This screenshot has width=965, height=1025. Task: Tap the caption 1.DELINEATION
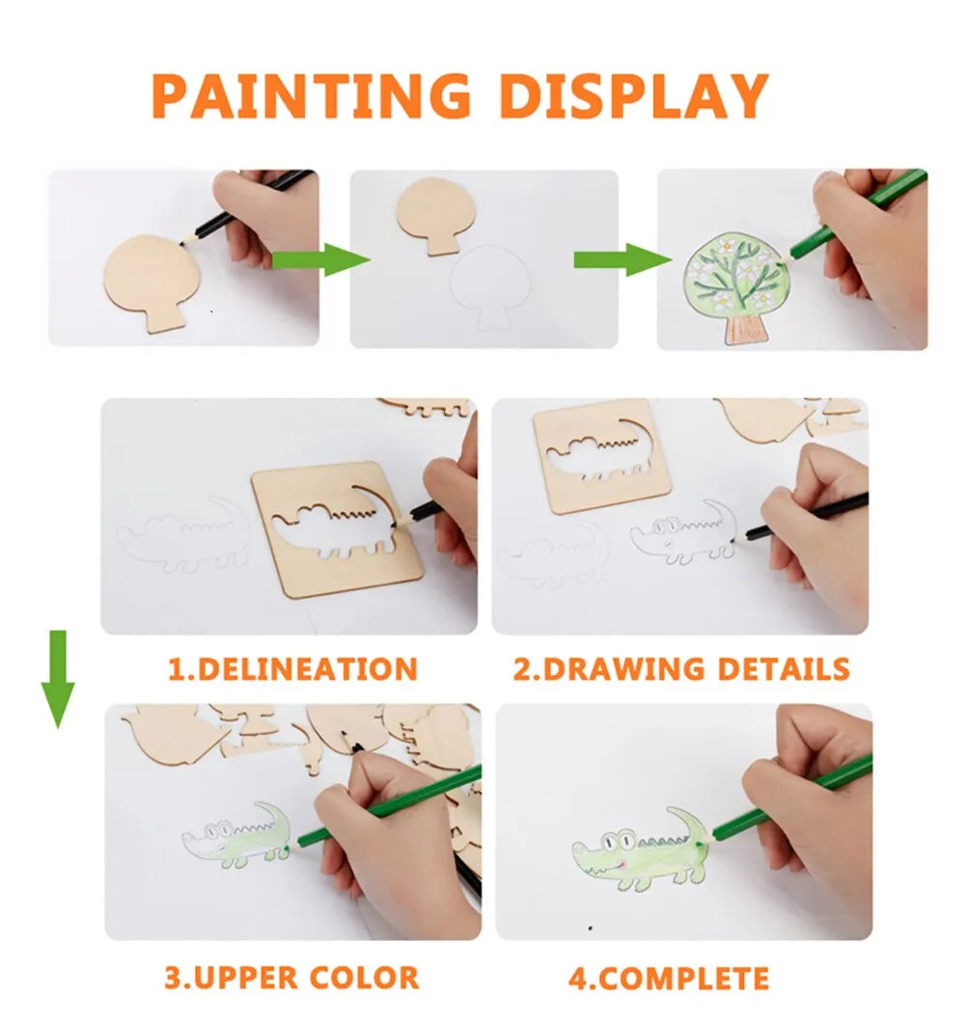(x=292, y=668)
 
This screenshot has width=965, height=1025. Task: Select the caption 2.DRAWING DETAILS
(x=680, y=668)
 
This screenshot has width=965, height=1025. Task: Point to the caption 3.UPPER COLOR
(x=291, y=977)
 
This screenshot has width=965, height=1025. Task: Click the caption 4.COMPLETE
(x=668, y=978)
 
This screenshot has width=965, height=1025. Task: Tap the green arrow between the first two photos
(x=319, y=259)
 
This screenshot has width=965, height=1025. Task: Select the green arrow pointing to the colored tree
(x=621, y=259)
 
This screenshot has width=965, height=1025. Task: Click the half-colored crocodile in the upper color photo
(x=236, y=836)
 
